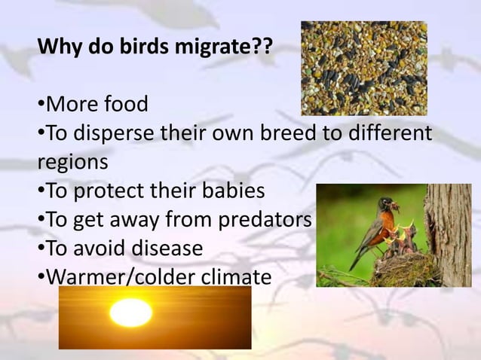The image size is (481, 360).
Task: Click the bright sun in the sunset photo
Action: pyautogui.click(x=130, y=312)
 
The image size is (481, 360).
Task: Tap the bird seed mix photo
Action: pyautogui.click(x=363, y=68)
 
